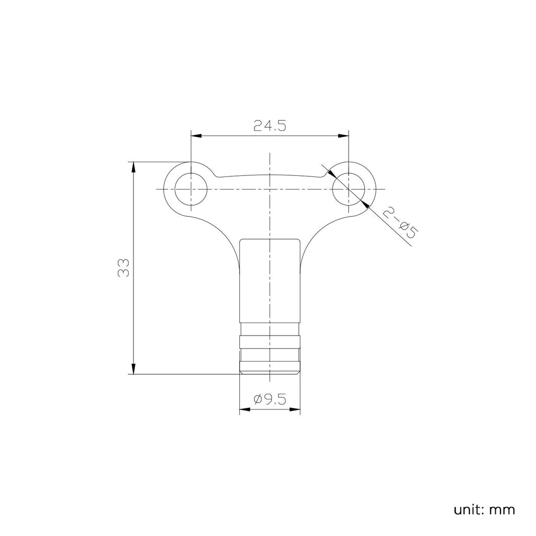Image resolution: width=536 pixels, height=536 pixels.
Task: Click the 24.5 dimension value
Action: (270, 126)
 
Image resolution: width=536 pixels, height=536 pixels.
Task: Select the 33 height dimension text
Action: (124, 267)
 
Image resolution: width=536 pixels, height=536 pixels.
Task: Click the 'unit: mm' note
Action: (484, 510)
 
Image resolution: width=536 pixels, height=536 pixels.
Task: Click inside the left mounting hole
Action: (191, 189)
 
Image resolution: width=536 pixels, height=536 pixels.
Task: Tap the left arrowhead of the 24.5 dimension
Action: (196, 136)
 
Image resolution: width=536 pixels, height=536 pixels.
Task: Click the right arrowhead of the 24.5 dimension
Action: (343, 136)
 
